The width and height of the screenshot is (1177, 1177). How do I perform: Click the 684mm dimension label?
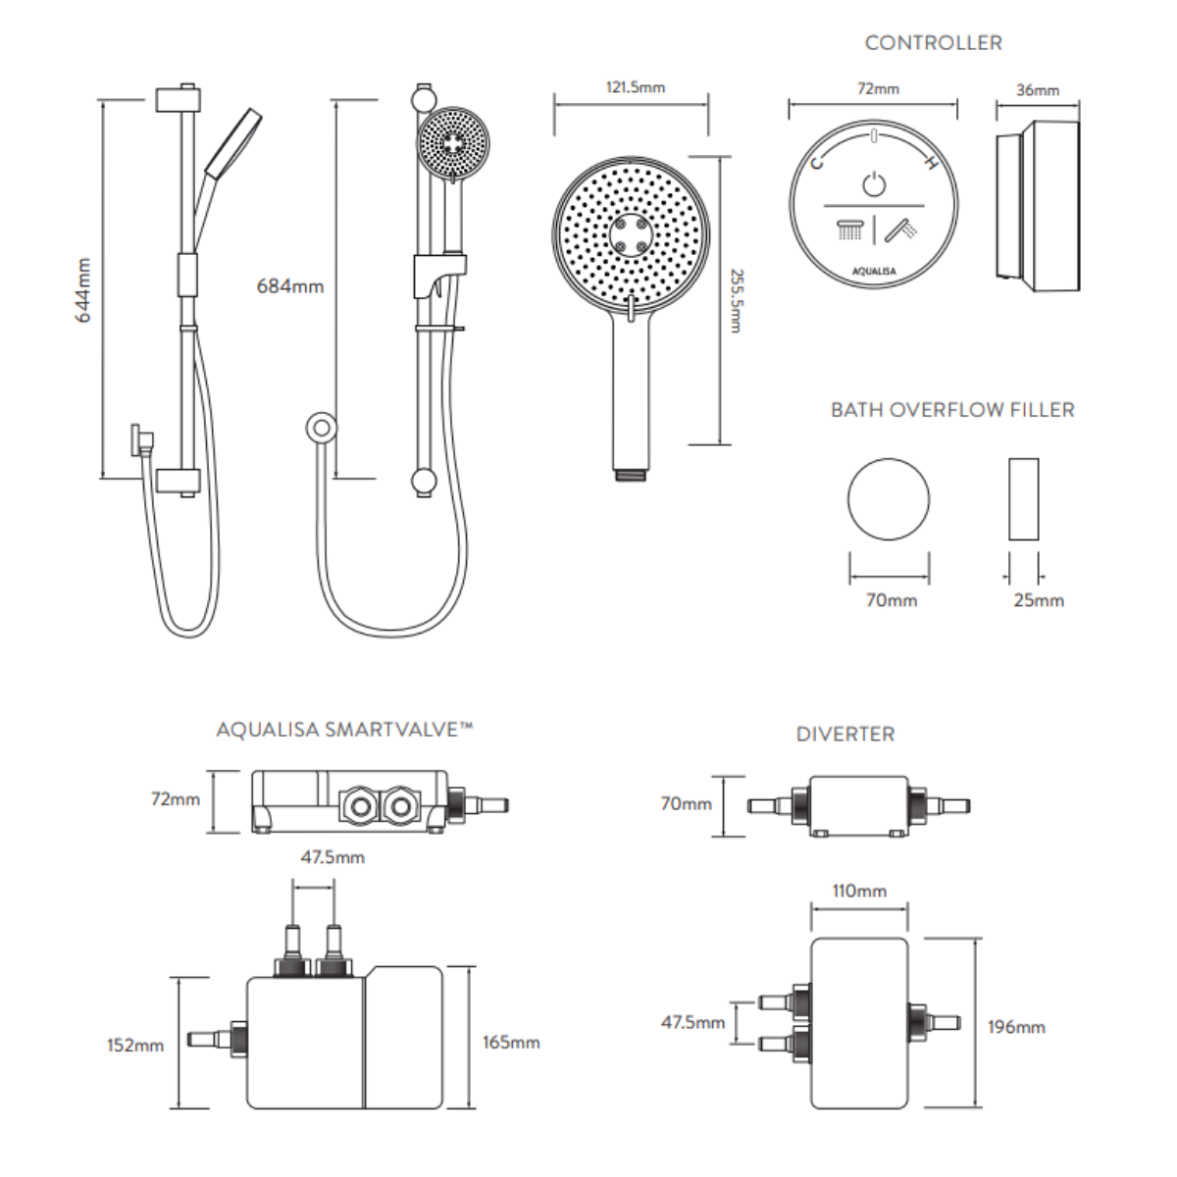tap(289, 286)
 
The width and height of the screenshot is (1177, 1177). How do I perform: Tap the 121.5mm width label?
tap(635, 87)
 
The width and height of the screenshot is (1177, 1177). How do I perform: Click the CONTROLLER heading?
tap(933, 43)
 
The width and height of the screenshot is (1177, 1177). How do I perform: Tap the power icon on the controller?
tap(874, 183)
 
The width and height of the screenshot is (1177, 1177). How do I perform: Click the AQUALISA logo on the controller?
tap(873, 271)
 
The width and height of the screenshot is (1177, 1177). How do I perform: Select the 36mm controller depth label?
tap(1037, 90)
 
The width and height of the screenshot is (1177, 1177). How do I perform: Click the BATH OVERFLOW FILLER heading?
tap(952, 410)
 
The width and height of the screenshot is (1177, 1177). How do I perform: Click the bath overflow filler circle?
tap(889, 498)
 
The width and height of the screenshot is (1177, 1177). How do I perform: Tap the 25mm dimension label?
tap(1038, 600)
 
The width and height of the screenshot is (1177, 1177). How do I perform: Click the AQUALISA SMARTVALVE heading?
tap(344, 730)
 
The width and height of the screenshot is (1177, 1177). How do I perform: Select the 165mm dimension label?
tap(511, 1042)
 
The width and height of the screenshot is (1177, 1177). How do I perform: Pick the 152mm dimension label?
tap(135, 1045)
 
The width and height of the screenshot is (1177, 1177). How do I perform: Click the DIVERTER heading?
tap(845, 734)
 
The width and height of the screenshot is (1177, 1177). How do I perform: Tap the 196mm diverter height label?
tap(1016, 1027)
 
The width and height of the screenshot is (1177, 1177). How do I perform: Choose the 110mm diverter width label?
tap(859, 891)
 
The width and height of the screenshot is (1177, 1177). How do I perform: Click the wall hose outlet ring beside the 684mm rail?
tap(321, 427)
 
